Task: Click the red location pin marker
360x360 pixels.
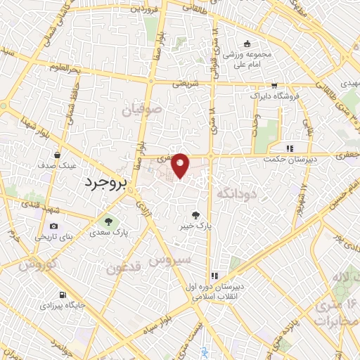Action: point(181,163)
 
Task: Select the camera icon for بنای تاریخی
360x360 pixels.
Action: point(54,226)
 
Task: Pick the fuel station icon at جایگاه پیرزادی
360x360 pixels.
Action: point(63,294)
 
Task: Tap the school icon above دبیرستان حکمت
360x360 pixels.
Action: point(289,148)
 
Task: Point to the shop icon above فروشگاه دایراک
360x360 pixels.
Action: point(274,84)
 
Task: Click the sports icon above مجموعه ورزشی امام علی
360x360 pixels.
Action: point(247,43)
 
